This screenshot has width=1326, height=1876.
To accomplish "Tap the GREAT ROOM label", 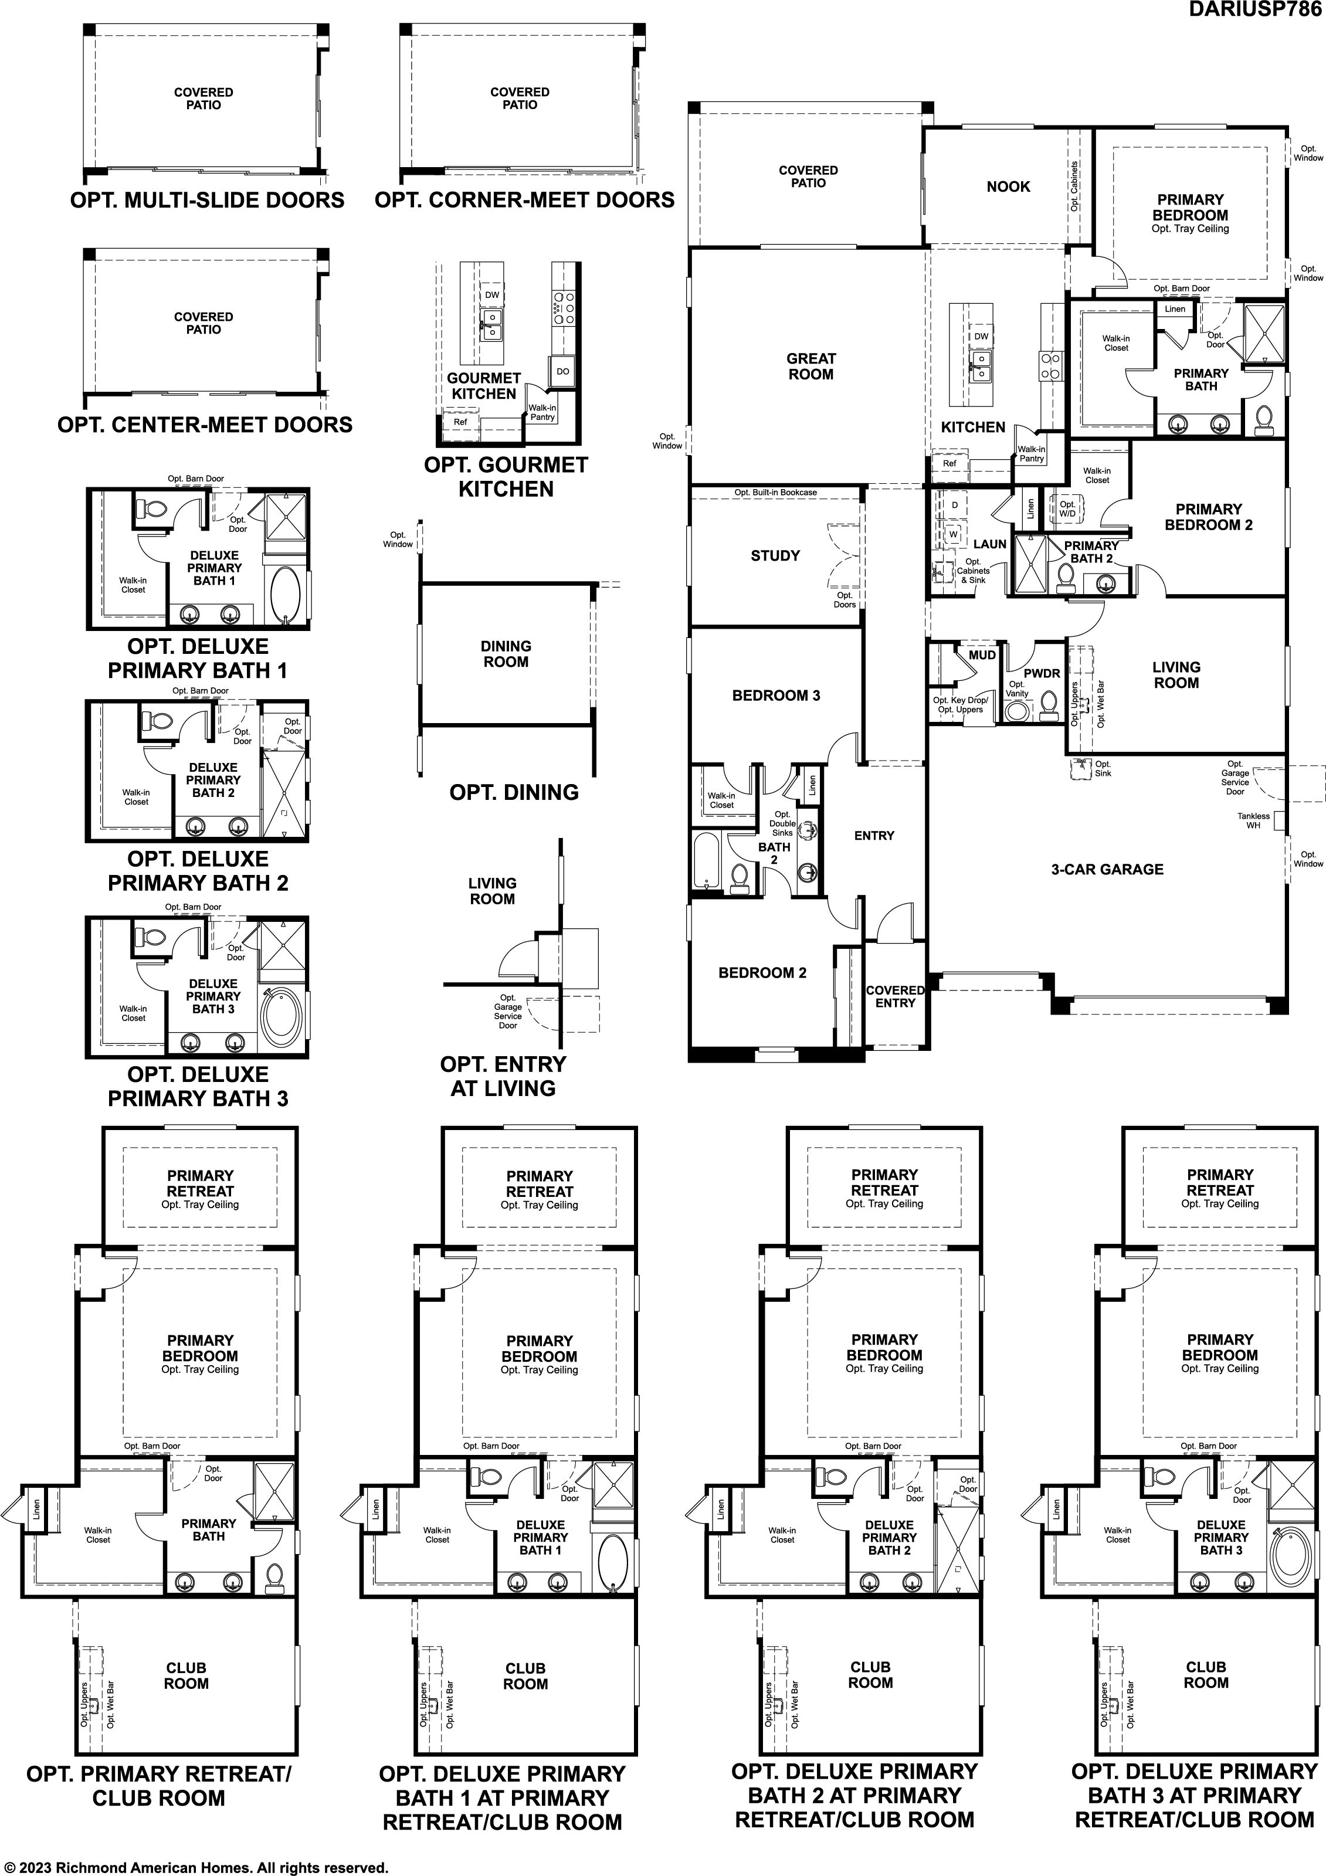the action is [x=810, y=366].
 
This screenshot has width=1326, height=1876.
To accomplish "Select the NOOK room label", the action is [x=1008, y=186].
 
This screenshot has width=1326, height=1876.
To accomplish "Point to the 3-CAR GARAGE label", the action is [x=1107, y=869].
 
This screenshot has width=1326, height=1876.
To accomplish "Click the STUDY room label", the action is [x=775, y=555].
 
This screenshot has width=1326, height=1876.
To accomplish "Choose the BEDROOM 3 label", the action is [x=775, y=696].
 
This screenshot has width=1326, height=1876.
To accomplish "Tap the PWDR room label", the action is [x=1042, y=673].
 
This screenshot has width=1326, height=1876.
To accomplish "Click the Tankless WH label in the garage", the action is [x=1253, y=820].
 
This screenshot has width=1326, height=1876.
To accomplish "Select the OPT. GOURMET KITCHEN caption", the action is [x=506, y=477].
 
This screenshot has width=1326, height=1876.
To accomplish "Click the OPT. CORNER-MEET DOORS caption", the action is [x=524, y=200].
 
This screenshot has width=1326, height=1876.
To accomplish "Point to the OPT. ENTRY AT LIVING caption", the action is [x=503, y=1076].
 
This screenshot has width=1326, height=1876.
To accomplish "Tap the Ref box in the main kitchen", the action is [x=949, y=464].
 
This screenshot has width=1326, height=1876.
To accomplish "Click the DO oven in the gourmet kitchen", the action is [x=563, y=371].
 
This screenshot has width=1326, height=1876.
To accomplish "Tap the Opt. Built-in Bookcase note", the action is [x=775, y=493].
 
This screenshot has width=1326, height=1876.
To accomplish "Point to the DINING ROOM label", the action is [x=506, y=654].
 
